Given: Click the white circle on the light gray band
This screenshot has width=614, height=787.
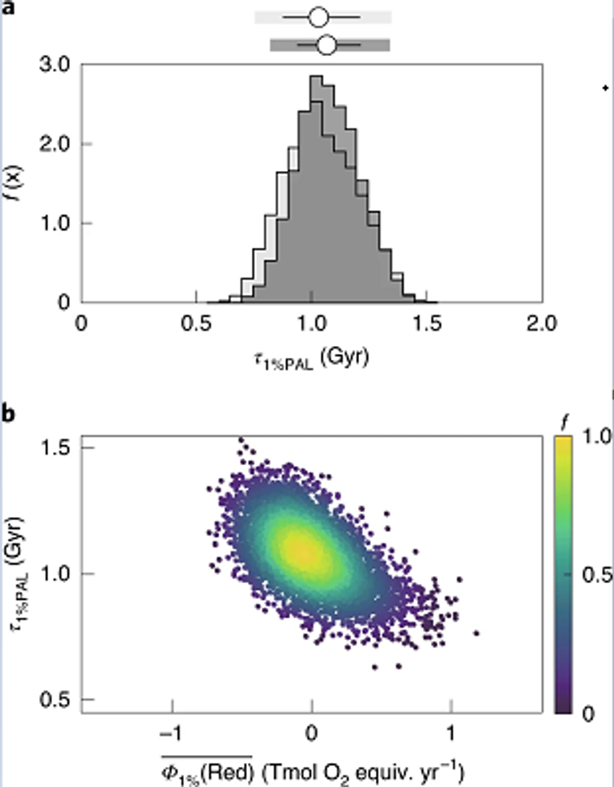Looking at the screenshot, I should [x=317, y=17].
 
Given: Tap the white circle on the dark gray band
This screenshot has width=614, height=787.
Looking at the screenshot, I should [x=326, y=45].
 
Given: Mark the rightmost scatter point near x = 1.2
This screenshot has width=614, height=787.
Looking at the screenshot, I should [x=476, y=633].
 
